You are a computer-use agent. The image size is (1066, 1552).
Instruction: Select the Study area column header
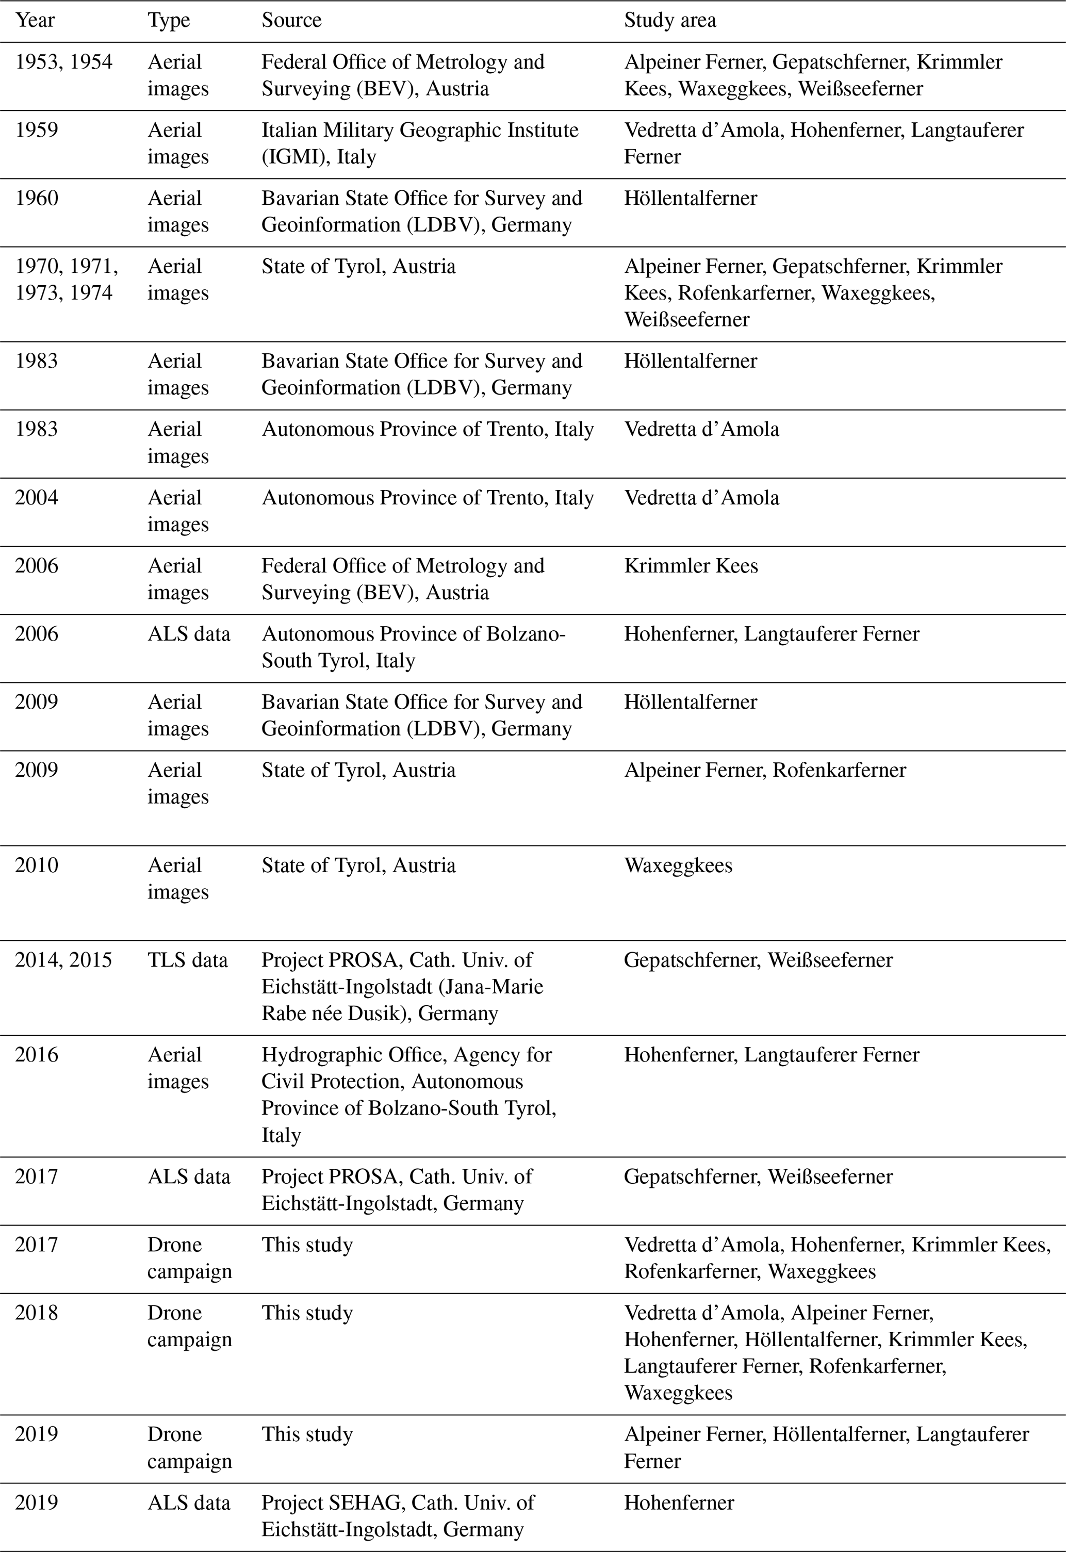[x=669, y=21]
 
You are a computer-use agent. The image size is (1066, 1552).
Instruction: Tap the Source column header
[x=291, y=21]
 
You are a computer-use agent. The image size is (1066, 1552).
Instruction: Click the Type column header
[x=169, y=21]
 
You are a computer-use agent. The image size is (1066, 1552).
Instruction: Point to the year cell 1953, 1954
[x=64, y=62]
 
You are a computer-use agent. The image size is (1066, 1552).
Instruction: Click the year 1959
[x=37, y=130]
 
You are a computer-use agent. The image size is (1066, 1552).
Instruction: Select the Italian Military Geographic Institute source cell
[x=419, y=143]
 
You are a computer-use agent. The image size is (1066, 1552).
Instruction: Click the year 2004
[x=37, y=498]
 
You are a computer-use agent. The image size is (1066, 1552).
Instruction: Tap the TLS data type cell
[x=188, y=960]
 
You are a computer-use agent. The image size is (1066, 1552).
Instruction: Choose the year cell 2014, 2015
[x=63, y=960]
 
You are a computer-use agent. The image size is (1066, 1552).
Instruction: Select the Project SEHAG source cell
[x=398, y=1515]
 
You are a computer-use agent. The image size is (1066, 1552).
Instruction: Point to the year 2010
[x=37, y=865]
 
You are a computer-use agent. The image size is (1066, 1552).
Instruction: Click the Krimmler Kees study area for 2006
[x=691, y=566]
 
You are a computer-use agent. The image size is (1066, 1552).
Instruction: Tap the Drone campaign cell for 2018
[x=189, y=1326]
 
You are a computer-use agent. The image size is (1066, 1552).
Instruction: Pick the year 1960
[x=37, y=199]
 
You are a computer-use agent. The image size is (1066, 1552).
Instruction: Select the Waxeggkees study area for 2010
[x=678, y=865]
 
